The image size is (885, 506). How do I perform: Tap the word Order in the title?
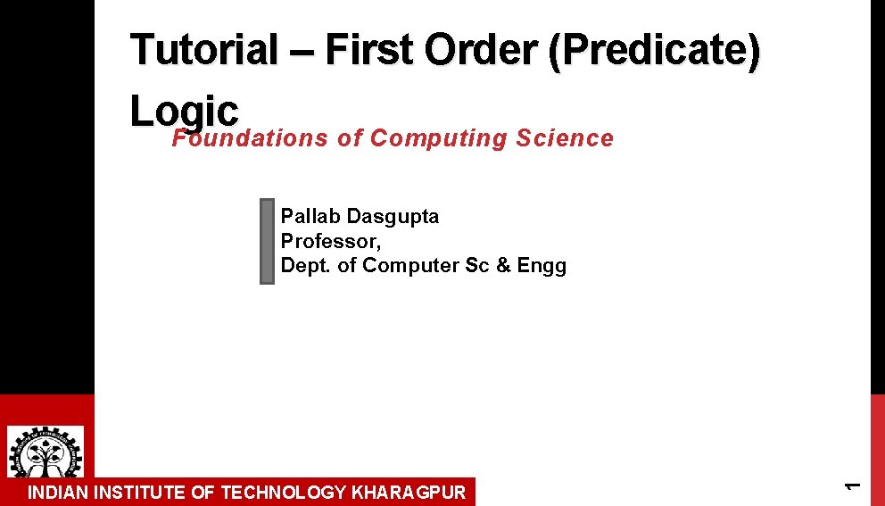point(478,50)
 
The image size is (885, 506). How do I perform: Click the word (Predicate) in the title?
point(653,50)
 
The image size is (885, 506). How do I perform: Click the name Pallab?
point(310,217)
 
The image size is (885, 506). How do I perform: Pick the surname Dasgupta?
point(393,217)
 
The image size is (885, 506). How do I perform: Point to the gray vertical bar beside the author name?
point(267,241)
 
